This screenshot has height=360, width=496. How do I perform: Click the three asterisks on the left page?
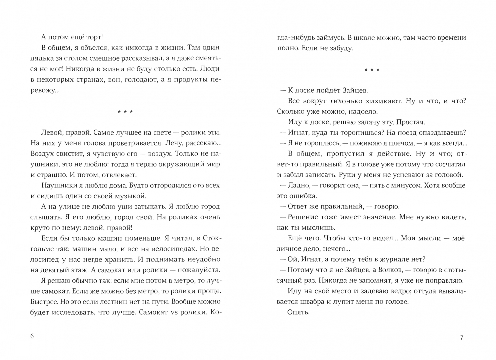coord(125,112)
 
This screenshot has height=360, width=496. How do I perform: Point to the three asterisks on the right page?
coord(372,70)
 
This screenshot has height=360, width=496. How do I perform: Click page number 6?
coord(32,336)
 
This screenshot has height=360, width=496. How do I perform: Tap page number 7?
coord(462,337)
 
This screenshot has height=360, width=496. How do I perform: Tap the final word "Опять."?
coord(298,312)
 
